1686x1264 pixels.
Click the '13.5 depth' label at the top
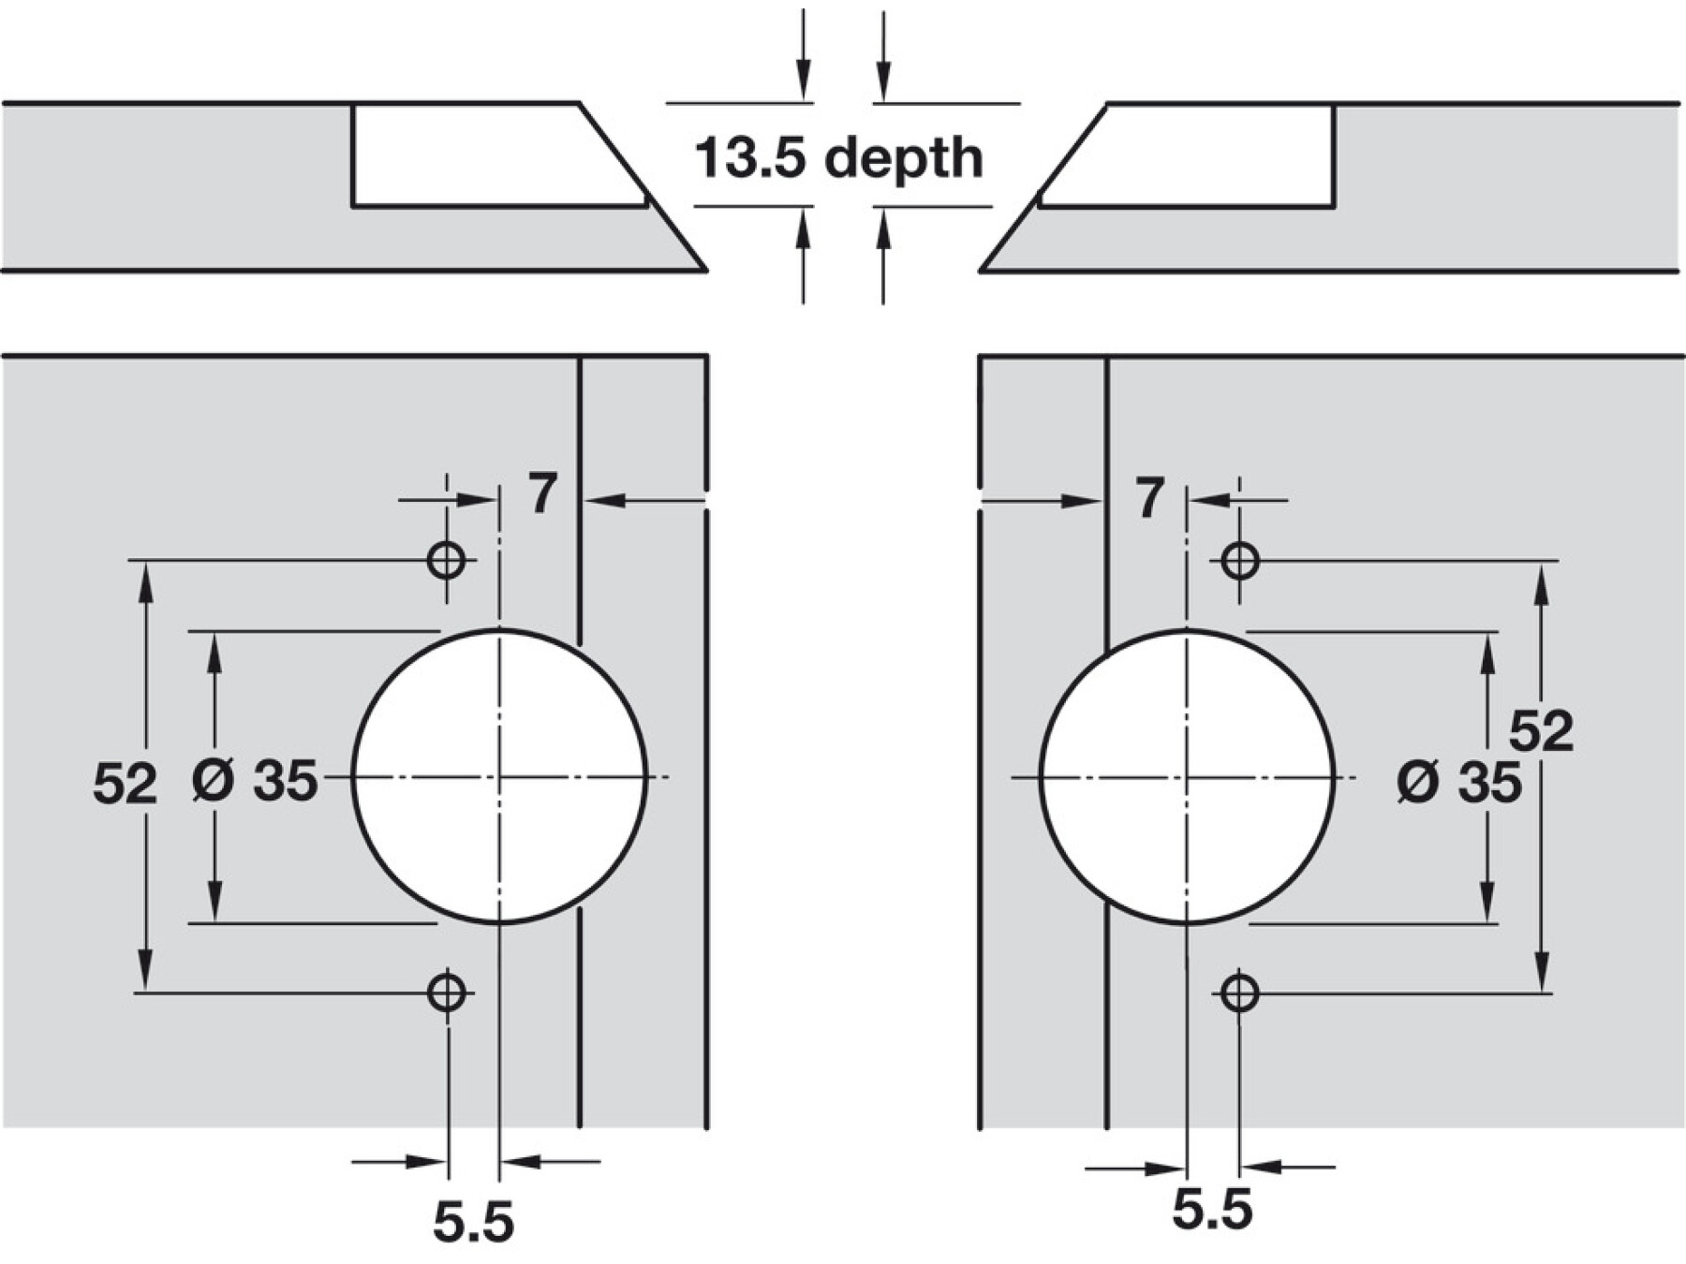click(839, 157)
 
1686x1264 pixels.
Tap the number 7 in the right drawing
click(1150, 497)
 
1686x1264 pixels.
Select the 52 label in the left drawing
click(125, 783)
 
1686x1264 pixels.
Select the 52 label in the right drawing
click(1541, 730)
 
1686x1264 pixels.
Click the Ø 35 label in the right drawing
click(1459, 782)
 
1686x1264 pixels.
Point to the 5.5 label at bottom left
click(474, 1221)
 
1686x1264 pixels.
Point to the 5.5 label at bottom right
click(1212, 1210)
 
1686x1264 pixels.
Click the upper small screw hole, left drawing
click(446, 561)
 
